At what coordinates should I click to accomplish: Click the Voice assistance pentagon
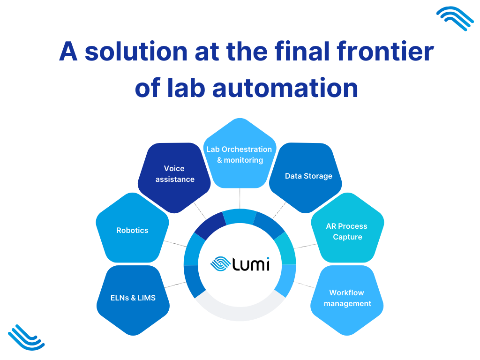pyautogui.click(x=174, y=176)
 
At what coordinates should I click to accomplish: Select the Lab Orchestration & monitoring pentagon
pyautogui.click(x=240, y=155)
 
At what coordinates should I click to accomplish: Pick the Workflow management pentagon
pyautogui.click(x=347, y=299)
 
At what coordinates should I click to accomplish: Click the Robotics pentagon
pyautogui.click(x=132, y=231)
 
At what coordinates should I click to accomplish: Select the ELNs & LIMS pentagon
pyautogui.click(x=133, y=298)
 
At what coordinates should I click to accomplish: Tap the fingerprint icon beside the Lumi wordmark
pyautogui.click(x=220, y=264)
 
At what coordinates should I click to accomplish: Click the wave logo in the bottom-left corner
pyautogui.click(x=26, y=337)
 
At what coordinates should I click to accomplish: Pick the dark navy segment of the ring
pyautogui.click(x=209, y=225)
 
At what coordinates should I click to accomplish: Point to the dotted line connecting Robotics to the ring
pyautogui.click(x=176, y=244)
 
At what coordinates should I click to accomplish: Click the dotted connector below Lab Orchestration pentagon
pyautogui.click(x=240, y=199)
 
